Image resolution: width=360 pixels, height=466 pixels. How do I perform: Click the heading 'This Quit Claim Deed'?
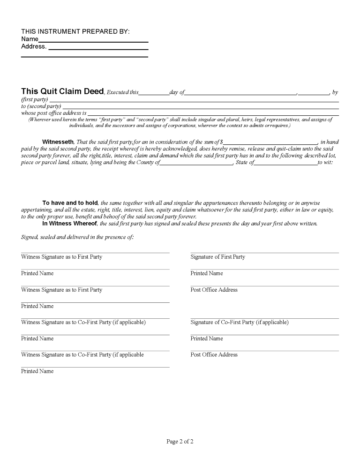click(62, 91)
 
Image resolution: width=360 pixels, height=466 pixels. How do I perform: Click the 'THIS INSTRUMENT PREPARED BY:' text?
click(75, 31)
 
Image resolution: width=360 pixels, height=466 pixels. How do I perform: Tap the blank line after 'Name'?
click(93, 41)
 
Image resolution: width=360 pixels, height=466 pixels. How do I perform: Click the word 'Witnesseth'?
click(58, 142)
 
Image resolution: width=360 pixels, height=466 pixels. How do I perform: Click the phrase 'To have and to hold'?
click(70, 203)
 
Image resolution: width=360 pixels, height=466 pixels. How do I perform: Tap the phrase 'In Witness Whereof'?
click(70, 224)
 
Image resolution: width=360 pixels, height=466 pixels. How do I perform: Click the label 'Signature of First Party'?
click(217, 257)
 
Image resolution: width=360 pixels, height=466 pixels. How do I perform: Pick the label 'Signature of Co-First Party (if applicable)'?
click(239, 322)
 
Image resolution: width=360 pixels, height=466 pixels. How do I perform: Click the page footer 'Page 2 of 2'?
click(180, 441)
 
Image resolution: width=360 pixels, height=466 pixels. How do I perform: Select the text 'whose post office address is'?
click(53, 113)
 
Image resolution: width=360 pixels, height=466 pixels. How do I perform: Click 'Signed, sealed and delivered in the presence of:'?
click(77, 237)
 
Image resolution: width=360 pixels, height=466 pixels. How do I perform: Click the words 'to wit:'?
click(325, 162)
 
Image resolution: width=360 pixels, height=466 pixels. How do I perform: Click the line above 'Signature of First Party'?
click(264, 253)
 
